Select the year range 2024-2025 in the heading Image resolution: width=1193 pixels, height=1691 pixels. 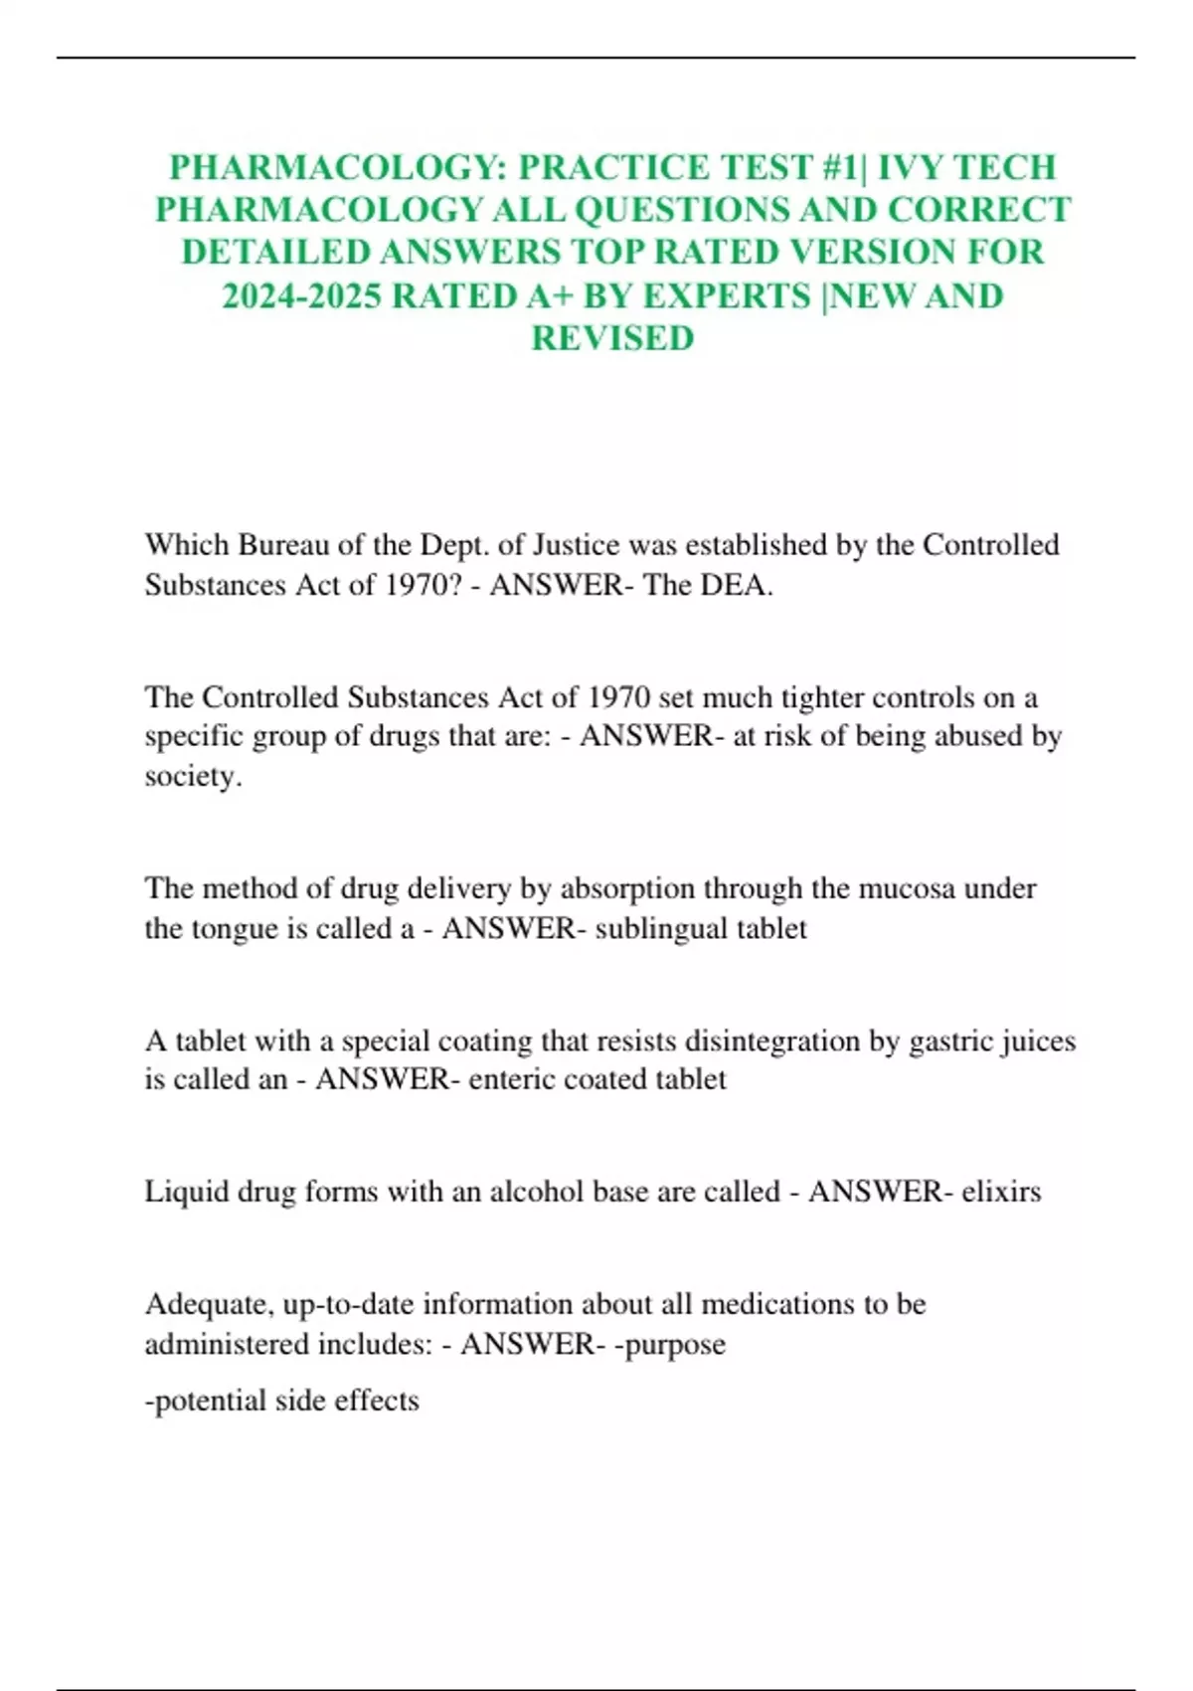pos(301,295)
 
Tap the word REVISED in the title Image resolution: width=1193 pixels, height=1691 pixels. pos(612,338)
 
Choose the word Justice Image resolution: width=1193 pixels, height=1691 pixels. pos(579,545)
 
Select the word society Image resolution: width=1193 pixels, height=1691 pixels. pos(192,776)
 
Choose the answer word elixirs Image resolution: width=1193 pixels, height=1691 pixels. pos(1001,1192)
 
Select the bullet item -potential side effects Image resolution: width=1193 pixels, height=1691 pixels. pos(282,1401)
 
